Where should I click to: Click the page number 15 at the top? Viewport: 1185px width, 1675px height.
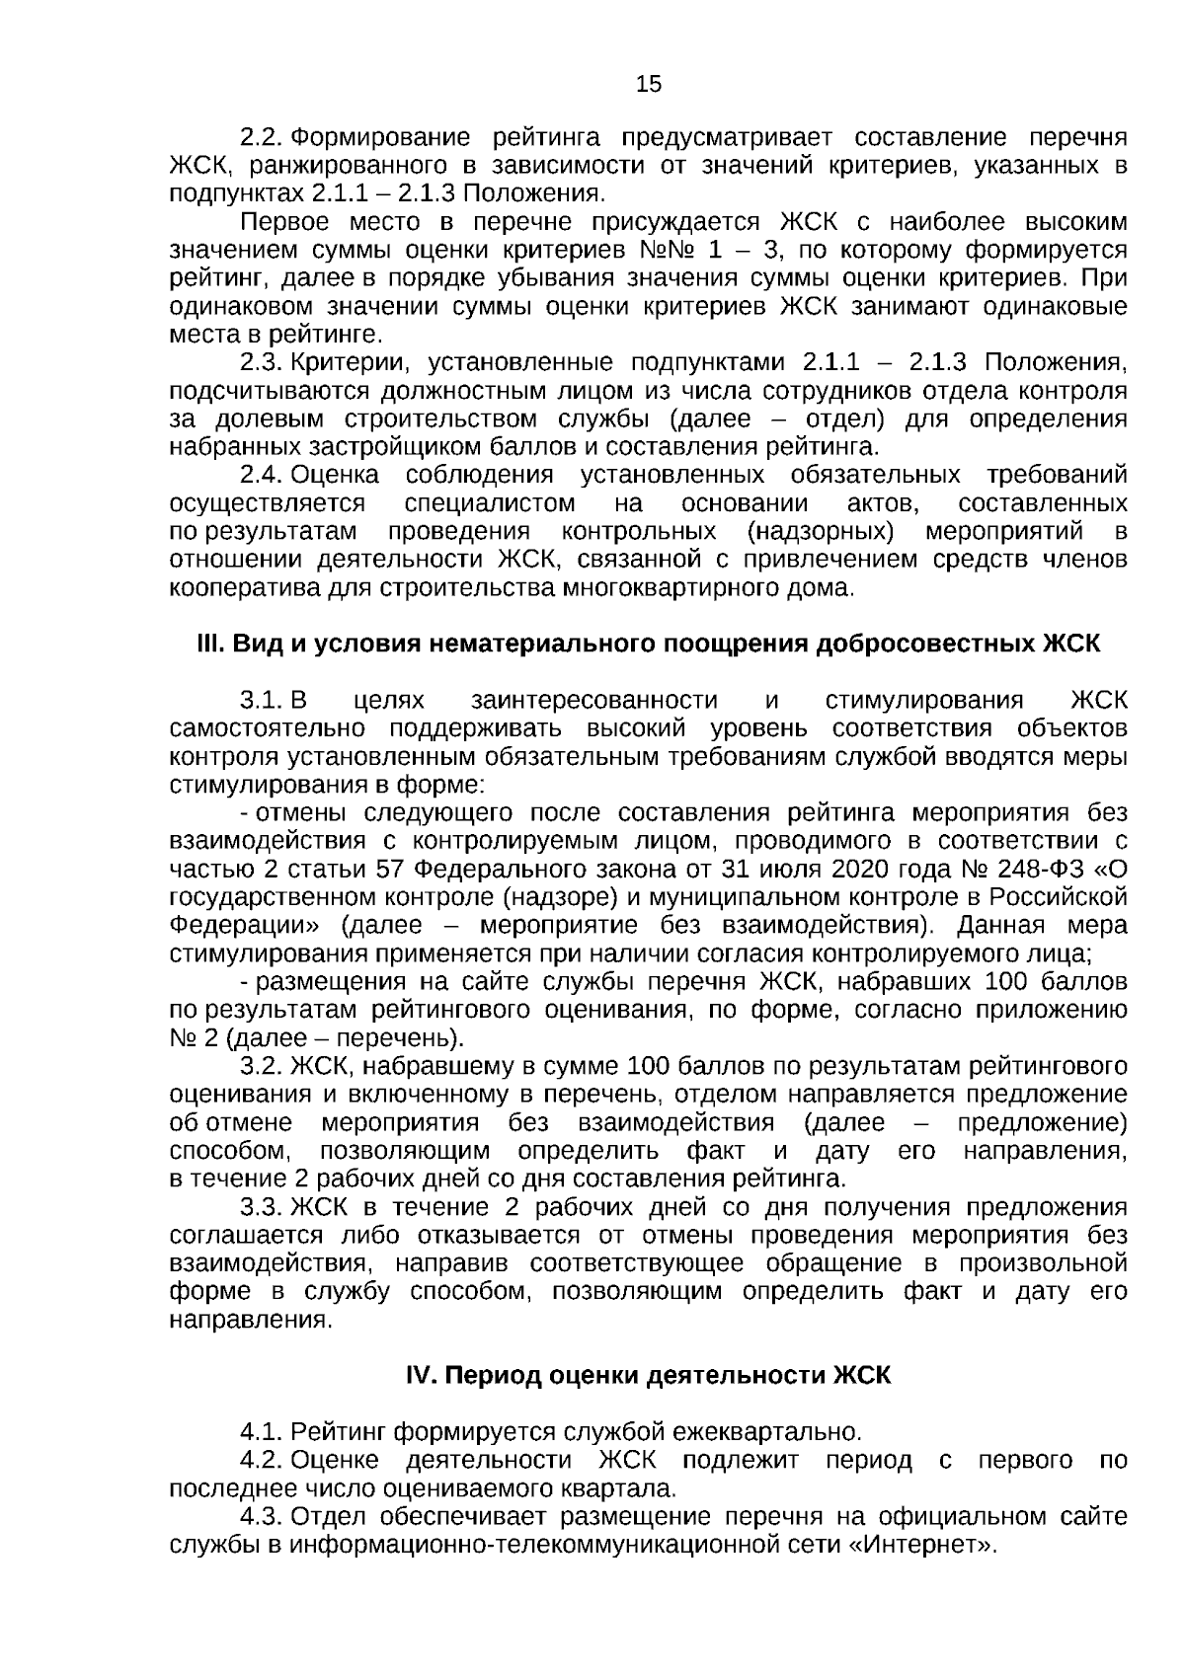click(649, 84)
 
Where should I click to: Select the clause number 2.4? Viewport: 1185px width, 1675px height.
click(263, 476)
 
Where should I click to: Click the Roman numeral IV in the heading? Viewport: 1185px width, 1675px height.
click(420, 1375)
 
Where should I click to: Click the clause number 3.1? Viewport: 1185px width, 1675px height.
click(263, 701)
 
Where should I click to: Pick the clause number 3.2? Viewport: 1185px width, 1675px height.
click(263, 1067)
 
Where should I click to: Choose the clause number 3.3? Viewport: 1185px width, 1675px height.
click(263, 1208)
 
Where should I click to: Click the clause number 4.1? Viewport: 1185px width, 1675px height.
click(263, 1431)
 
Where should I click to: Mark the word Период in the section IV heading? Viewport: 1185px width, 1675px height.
click(494, 1375)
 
